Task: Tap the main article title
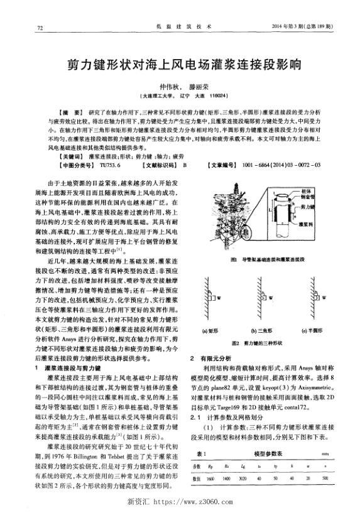click(180, 65)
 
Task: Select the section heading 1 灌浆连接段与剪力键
click(72, 367)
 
